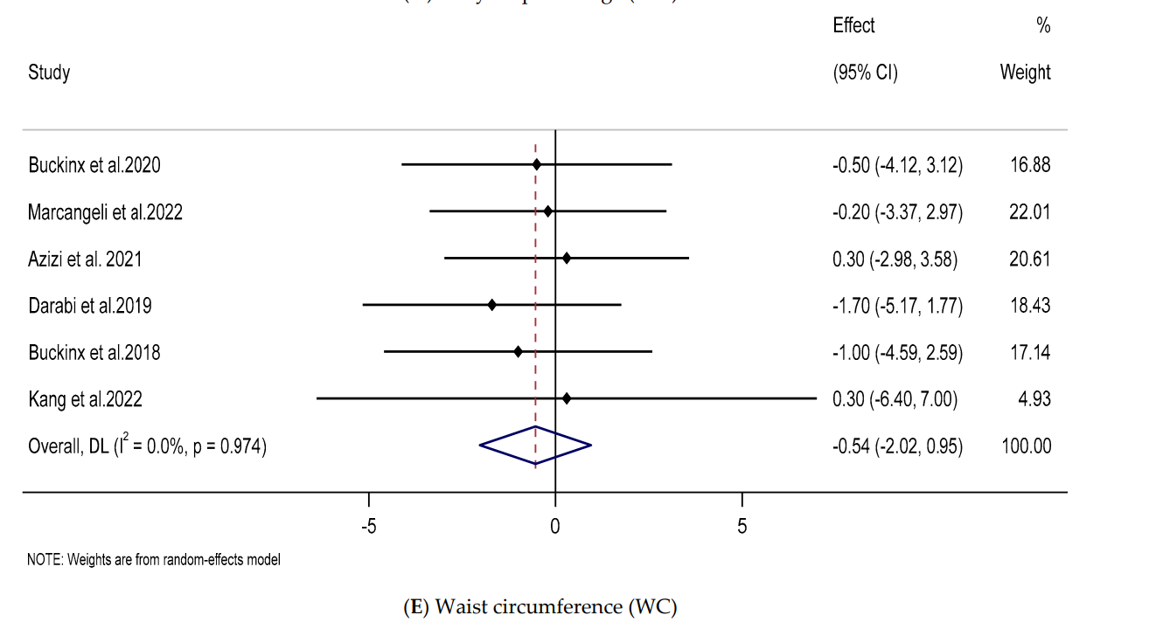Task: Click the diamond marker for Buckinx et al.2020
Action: pos(537,164)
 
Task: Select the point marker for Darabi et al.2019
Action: pos(492,305)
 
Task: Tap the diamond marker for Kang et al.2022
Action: pos(567,398)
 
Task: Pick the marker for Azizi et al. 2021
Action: pos(567,258)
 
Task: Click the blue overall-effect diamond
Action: pos(535,446)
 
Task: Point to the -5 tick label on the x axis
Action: pos(368,527)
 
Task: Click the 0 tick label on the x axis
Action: pos(555,527)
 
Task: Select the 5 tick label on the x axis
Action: pos(742,527)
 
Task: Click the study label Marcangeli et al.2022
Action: pos(105,211)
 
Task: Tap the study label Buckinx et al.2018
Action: pos(94,353)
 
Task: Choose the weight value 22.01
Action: pos(1029,211)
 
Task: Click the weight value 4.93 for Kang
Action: pos(1034,399)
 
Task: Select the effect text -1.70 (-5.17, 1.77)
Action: pos(897,306)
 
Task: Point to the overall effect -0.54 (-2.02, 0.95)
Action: pos(897,446)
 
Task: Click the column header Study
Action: pos(49,72)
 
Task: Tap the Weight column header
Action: pos(1025,72)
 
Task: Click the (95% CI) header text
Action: pos(865,72)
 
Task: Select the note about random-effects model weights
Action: pos(154,560)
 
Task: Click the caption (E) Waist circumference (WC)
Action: pos(539,607)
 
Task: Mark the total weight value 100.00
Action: pos(1026,446)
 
